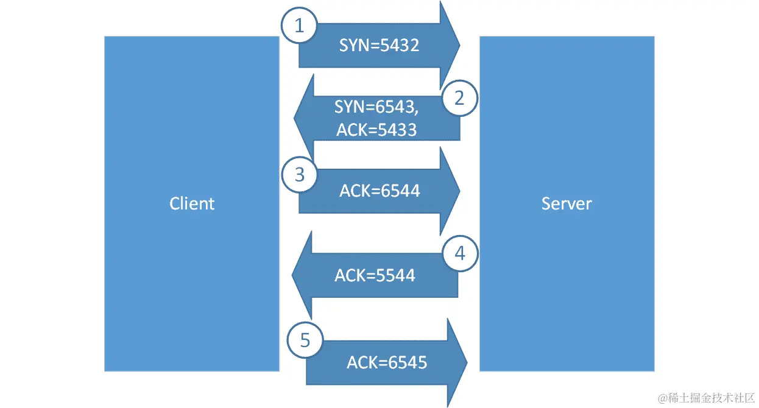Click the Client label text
pos(192,203)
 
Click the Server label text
pos(567,203)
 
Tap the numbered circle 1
pos(298,26)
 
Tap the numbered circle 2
pos(460,98)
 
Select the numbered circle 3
pos(299,175)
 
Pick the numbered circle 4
pos(460,253)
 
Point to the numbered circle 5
pos(305,340)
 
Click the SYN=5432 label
pos(379,45)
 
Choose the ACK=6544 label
pos(379,191)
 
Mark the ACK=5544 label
pos(375,275)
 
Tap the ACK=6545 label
pos(387,363)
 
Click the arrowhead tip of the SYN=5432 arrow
pos(459,45)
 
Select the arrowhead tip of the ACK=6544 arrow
pos(459,191)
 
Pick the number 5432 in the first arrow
pos(399,45)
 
